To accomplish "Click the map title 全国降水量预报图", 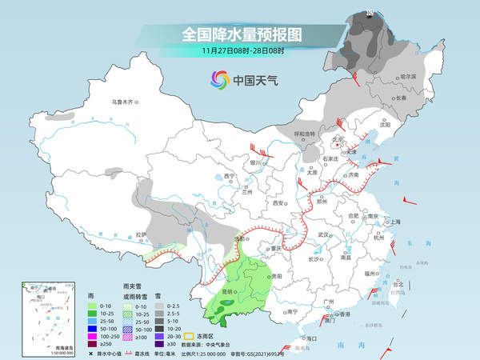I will pyautogui.click(x=240, y=34).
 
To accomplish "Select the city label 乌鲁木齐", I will pyautogui.click(x=124, y=102).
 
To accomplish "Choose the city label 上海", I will pyautogui.click(x=394, y=222).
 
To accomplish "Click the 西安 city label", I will pyautogui.click(x=280, y=203).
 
